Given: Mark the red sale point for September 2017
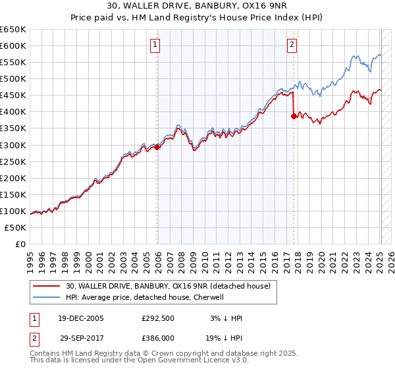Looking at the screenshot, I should click(294, 116).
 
